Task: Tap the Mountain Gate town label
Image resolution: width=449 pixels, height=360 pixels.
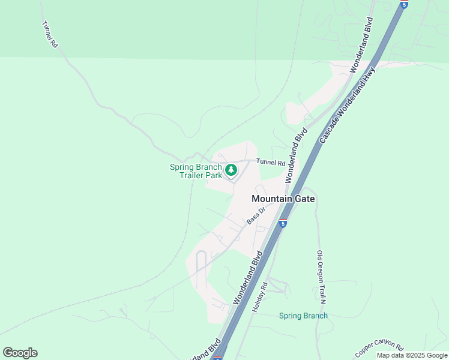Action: click(283, 199)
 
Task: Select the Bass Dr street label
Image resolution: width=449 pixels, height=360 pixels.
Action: click(256, 217)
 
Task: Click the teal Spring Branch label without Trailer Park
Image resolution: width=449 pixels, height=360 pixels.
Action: click(304, 316)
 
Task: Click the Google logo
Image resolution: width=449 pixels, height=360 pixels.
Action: click(20, 353)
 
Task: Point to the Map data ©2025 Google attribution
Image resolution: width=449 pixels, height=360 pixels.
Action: click(412, 355)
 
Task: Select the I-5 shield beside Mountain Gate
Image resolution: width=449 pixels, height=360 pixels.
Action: click(283, 223)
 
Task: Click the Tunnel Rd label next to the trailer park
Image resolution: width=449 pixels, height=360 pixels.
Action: click(270, 162)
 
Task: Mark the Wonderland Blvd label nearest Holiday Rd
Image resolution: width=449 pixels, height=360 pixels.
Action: click(249, 278)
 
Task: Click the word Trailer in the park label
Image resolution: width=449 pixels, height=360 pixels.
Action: click(193, 176)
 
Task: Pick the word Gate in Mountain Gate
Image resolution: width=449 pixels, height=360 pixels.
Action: click(305, 199)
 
